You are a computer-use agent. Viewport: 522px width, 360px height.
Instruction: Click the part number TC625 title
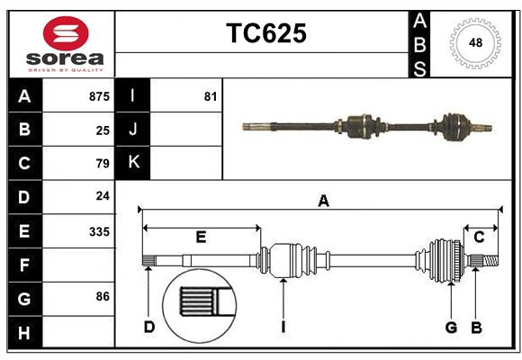[265, 33]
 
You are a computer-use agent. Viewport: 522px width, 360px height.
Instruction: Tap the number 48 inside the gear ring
[473, 42]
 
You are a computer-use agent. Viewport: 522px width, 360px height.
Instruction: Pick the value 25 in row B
[103, 130]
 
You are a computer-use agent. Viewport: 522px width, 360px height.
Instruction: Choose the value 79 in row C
[103, 164]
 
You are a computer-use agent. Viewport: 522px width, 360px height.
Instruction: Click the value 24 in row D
[103, 196]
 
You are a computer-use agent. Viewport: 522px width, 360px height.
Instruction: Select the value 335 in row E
[99, 231]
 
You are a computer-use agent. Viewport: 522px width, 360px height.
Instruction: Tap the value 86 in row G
[103, 296]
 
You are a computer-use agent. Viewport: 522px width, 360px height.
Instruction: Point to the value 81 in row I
[211, 96]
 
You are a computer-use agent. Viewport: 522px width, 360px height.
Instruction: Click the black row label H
[23, 333]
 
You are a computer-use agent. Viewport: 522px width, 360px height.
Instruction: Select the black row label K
[132, 163]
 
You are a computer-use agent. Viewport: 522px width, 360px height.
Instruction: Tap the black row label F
[23, 265]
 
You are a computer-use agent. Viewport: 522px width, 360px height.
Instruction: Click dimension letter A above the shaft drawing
[323, 202]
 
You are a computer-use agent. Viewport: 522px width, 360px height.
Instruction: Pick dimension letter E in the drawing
[201, 238]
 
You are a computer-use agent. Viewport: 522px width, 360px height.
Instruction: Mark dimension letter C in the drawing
[479, 237]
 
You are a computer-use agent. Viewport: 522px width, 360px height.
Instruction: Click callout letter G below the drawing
[451, 327]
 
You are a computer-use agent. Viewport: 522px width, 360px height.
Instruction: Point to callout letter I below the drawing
[283, 327]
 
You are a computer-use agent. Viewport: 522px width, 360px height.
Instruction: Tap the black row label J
[132, 130]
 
